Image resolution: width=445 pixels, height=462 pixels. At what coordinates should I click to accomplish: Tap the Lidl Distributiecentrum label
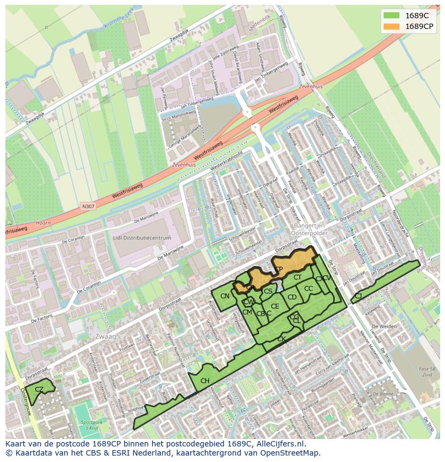point(142,238)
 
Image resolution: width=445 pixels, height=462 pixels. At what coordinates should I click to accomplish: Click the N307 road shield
point(88,206)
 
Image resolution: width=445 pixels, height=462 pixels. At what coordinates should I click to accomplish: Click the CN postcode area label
point(225,296)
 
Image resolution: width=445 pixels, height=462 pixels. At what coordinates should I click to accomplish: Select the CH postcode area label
point(205,381)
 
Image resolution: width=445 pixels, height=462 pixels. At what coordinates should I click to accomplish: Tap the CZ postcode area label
point(39,389)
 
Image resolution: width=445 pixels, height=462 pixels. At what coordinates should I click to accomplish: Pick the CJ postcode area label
point(358,296)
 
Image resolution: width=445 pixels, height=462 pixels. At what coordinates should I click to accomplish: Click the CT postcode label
point(297,277)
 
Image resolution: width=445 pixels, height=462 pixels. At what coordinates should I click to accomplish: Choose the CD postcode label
point(292,297)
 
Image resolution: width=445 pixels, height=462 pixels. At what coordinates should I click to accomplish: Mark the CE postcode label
point(275,306)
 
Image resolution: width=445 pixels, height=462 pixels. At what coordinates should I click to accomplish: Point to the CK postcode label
point(281,339)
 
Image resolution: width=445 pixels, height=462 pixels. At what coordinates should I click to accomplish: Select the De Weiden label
point(384,326)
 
